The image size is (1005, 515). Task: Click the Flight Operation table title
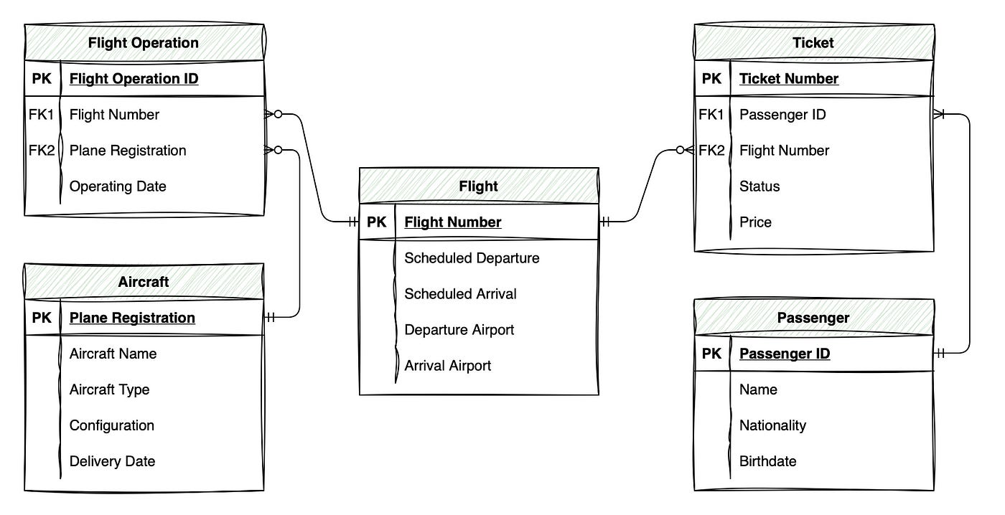(144, 43)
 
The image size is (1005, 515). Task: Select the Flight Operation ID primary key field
(134, 79)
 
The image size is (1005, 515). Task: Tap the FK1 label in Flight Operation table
(41, 115)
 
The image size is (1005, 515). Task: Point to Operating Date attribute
(118, 186)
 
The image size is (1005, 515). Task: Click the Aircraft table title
(144, 282)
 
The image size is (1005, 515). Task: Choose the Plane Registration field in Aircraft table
(132, 318)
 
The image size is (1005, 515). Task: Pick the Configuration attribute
(112, 425)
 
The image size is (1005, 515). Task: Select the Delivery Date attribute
(112, 461)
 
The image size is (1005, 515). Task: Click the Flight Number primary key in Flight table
(453, 222)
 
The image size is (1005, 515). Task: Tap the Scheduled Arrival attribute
(460, 294)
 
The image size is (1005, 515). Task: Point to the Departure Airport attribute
(459, 330)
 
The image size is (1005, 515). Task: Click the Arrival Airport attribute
(448, 366)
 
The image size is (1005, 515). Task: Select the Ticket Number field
(789, 79)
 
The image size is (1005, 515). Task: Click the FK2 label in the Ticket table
(711, 151)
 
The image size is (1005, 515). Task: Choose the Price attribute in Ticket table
(755, 222)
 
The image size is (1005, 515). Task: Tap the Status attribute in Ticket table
(759, 186)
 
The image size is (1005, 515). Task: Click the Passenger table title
(813, 318)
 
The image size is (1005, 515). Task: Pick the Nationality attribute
(772, 425)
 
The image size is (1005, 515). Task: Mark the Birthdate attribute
(767, 461)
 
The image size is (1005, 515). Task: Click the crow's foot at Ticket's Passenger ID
(940, 115)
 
